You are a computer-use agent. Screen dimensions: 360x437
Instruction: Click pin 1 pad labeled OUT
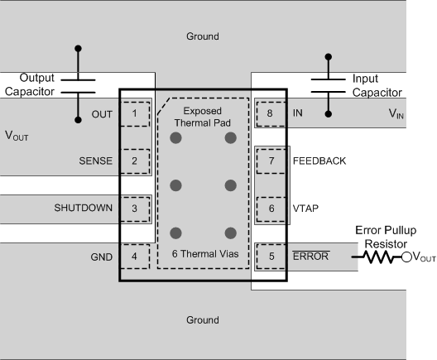tap(135, 113)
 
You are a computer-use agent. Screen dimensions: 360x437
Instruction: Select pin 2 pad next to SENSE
tap(135, 161)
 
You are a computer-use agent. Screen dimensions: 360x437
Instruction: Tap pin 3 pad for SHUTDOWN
tap(135, 208)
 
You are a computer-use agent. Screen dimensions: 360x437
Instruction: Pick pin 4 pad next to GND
tap(135, 256)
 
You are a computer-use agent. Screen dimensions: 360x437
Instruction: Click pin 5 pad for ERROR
tap(270, 256)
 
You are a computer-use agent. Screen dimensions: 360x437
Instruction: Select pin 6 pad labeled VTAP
tap(270, 208)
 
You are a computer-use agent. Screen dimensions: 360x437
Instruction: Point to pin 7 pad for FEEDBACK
tap(270, 161)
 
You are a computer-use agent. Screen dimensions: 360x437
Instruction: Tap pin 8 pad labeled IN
tap(270, 113)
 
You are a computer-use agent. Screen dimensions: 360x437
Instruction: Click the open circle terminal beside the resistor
tap(406, 257)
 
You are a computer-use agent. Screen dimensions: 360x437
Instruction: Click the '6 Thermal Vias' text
tap(203, 254)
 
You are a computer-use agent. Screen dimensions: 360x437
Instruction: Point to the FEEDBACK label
tap(319, 161)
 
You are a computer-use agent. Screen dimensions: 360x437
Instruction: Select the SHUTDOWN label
tap(84, 208)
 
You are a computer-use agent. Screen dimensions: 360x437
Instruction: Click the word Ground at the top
tap(203, 36)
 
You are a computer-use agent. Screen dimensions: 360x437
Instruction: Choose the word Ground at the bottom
tap(203, 319)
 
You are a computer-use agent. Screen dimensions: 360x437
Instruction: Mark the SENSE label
tap(95, 161)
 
